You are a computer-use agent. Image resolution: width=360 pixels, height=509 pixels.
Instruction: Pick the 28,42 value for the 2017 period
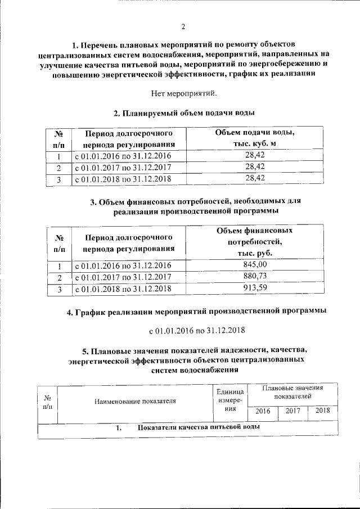[255, 167]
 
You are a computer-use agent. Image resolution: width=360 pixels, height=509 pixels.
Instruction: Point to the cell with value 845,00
[255, 265]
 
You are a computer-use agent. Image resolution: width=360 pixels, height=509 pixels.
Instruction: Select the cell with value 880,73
[255, 276]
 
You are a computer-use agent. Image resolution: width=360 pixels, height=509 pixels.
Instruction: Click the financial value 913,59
[255, 289]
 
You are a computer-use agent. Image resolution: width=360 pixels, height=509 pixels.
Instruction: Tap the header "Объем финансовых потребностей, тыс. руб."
[255, 242]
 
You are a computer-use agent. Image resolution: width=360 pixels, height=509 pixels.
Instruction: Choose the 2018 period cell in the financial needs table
[122, 289]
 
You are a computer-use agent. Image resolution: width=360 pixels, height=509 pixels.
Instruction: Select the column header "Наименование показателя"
[135, 401]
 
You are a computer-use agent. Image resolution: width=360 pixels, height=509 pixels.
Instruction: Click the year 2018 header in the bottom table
[322, 411]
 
